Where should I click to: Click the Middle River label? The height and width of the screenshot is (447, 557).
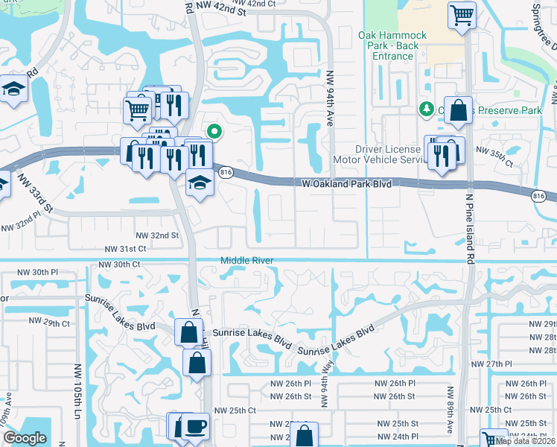pos(246,260)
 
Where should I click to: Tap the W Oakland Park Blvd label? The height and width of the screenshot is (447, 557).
pos(346,183)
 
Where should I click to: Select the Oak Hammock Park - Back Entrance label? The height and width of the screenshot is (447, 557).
pos(392,45)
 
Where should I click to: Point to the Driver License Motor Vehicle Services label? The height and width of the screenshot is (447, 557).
pos(394,154)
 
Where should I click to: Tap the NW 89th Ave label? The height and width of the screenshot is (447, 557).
pos(451,409)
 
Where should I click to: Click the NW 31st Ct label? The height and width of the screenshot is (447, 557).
pos(124,249)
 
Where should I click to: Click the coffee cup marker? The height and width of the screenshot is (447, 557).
pos(196,425)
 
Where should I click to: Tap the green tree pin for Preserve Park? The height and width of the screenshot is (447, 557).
pos(427,110)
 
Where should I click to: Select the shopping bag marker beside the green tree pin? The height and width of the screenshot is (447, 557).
pos(458,110)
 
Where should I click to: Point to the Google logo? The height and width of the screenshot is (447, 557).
pos(25,439)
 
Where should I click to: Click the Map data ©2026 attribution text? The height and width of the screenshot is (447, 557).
pos(526,441)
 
